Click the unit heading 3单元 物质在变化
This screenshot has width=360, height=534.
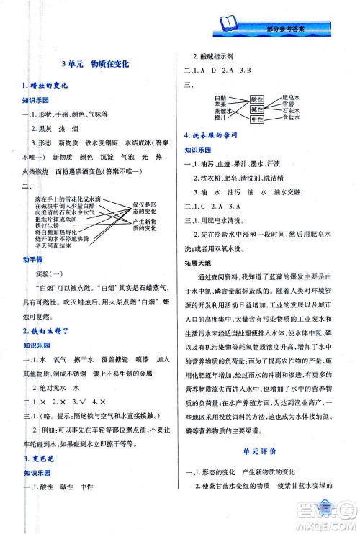click(x=95, y=64)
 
